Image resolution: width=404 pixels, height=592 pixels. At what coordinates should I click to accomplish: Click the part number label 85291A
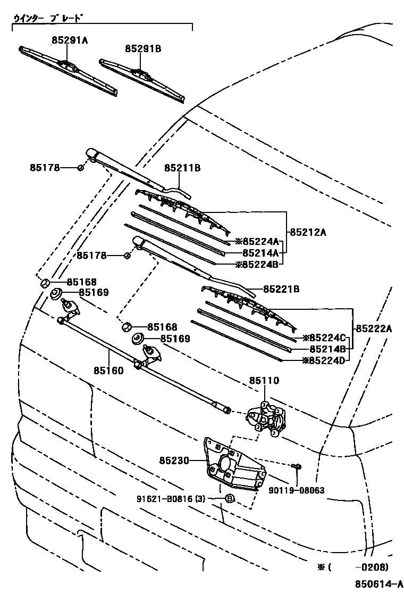tap(70, 40)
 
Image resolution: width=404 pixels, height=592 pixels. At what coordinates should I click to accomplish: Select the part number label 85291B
tap(143, 48)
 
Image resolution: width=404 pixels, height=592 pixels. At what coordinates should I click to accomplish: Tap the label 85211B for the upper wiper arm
tap(182, 168)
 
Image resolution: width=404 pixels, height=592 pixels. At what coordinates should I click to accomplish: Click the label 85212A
tap(308, 232)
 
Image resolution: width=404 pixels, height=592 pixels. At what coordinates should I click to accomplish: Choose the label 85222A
tap(374, 328)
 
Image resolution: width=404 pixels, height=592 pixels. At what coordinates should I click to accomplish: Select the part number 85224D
tap(324, 360)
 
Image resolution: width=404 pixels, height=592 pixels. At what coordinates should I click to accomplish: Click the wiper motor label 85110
tap(264, 381)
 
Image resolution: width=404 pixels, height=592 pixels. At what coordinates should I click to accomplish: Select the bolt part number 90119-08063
tap(297, 490)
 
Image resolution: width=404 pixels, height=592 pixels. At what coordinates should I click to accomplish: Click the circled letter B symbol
tap(230, 499)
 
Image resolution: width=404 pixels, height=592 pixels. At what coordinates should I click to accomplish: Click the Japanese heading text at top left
tap(48, 18)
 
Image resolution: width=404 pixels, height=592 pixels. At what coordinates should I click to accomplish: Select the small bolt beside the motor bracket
tap(297, 467)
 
